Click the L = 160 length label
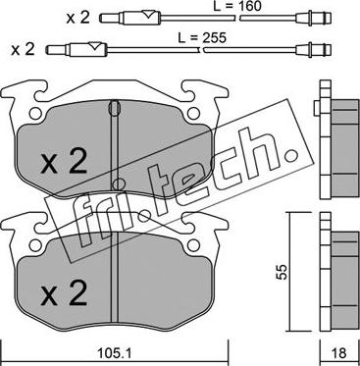[x=237, y=6]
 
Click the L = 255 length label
[x=202, y=37]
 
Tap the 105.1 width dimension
[x=114, y=353]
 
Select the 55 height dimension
[x=283, y=271]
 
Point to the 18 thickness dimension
[x=339, y=353]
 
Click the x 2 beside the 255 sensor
[x=23, y=49]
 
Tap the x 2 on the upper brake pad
[x=64, y=163]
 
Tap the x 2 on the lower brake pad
[x=64, y=293]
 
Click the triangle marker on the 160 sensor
[x=149, y=15]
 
